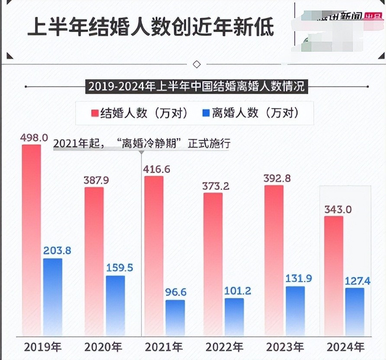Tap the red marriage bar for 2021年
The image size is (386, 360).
point(154,255)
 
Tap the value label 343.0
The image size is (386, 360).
point(338,210)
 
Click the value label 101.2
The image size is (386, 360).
point(238,290)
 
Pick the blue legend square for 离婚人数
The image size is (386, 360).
point(206,113)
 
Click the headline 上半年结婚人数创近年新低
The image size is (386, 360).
point(151,27)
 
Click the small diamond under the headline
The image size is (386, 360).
point(196,64)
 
